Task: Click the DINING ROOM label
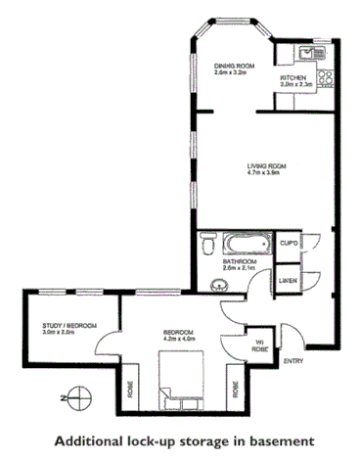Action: tap(233, 66)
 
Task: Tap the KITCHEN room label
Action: tap(294, 77)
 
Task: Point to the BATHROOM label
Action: tap(239, 262)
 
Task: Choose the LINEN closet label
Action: tap(288, 280)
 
